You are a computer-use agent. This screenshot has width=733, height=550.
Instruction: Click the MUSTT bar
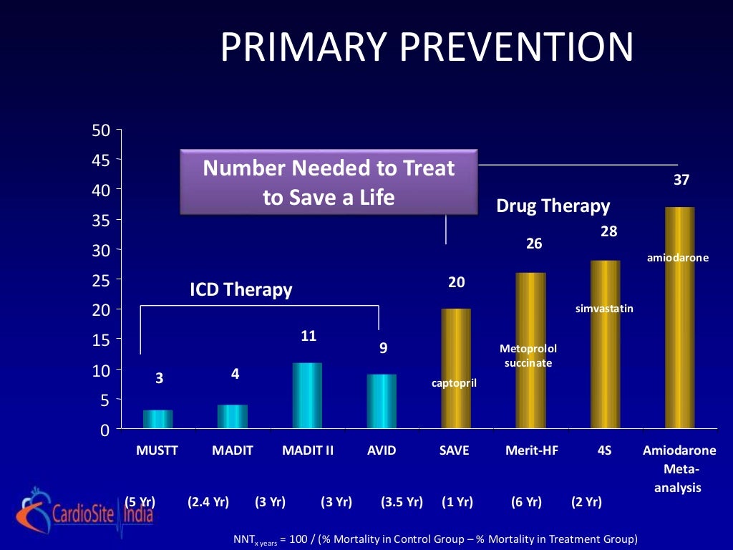tap(159, 420)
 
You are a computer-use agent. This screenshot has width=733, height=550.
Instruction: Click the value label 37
tap(681, 180)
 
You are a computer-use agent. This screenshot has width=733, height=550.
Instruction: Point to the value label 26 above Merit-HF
tap(534, 244)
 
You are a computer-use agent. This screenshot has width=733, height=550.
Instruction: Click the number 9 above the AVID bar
tap(383, 349)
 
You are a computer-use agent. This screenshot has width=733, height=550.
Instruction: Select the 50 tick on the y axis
tap(100, 130)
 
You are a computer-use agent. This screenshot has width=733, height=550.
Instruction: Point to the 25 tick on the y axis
tap(100, 279)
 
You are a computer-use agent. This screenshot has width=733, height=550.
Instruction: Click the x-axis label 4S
tap(605, 451)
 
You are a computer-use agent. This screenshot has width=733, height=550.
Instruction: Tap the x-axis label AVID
tap(382, 451)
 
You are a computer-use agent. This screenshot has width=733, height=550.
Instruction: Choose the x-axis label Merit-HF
tap(530, 451)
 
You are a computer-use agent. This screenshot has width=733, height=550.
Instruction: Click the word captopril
tap(454, 383)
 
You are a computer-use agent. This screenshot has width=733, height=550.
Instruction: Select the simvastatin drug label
tap(604, 309)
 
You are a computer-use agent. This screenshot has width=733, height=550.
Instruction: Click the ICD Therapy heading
tap(241, 290)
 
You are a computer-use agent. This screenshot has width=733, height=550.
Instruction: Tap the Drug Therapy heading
tap(553, 207)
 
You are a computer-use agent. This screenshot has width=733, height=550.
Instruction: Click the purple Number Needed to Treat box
tap(329, 182)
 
